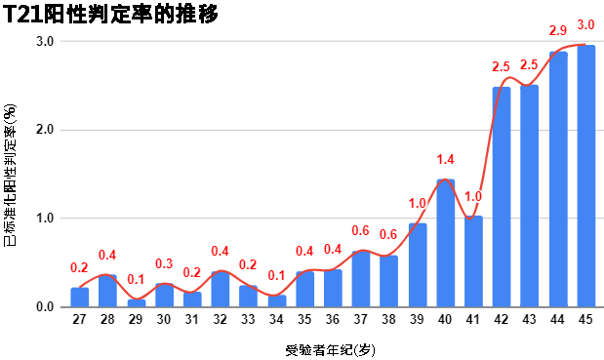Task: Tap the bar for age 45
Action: [x=586, y=176]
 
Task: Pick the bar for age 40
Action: [x=445, y=243]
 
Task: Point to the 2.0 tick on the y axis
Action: [x=45, y=130]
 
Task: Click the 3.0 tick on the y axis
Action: [x=45, y=41]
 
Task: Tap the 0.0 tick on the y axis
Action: [x=45, y=307]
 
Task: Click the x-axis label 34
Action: [x=276, y=319]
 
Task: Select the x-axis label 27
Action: [x=79, y=319]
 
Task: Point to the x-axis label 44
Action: [x=558, y=319]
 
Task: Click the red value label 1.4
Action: [x=446, y=159]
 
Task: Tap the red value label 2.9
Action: [x=558, y=31]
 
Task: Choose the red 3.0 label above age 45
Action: [x=586, y=24]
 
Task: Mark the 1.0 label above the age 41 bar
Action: [x=473, y=196]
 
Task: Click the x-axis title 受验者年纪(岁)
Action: [x=330, y=348]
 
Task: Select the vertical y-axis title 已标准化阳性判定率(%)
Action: [x=10, y=175]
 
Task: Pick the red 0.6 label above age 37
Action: [x=361, y=230]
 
